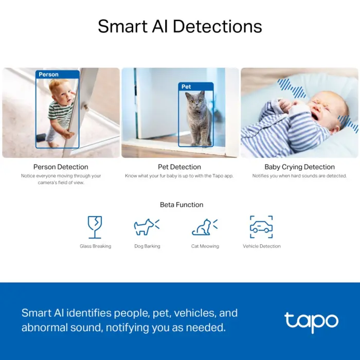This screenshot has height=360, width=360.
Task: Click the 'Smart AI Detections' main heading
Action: tap(180, 26)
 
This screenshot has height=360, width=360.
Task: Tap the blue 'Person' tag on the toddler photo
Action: tap(49, 75)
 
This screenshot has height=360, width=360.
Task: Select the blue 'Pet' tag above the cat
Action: tap(186, 87)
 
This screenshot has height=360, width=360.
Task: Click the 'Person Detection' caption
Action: tap(61, 167)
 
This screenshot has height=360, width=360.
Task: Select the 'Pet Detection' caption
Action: tap(179, 167)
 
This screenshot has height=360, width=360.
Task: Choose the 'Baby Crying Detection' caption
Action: tap(299, 167)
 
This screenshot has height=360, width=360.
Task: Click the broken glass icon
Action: tap(95, 227)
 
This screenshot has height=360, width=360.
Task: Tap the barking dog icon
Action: tap(147, 227)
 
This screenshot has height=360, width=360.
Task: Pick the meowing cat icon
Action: tap(204, 227)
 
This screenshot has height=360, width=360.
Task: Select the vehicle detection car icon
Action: tap(261, 227)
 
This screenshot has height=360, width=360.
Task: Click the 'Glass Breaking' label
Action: tap(95, 246)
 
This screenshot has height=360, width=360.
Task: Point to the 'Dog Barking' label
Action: tap(147, 246)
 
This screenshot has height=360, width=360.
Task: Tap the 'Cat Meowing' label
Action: tap(205, 246)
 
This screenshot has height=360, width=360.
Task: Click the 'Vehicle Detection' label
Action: tap(262, 246)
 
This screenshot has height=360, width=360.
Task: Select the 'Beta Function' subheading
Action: tap(182, 205)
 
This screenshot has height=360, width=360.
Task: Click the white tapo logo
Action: tap(311, 321)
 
